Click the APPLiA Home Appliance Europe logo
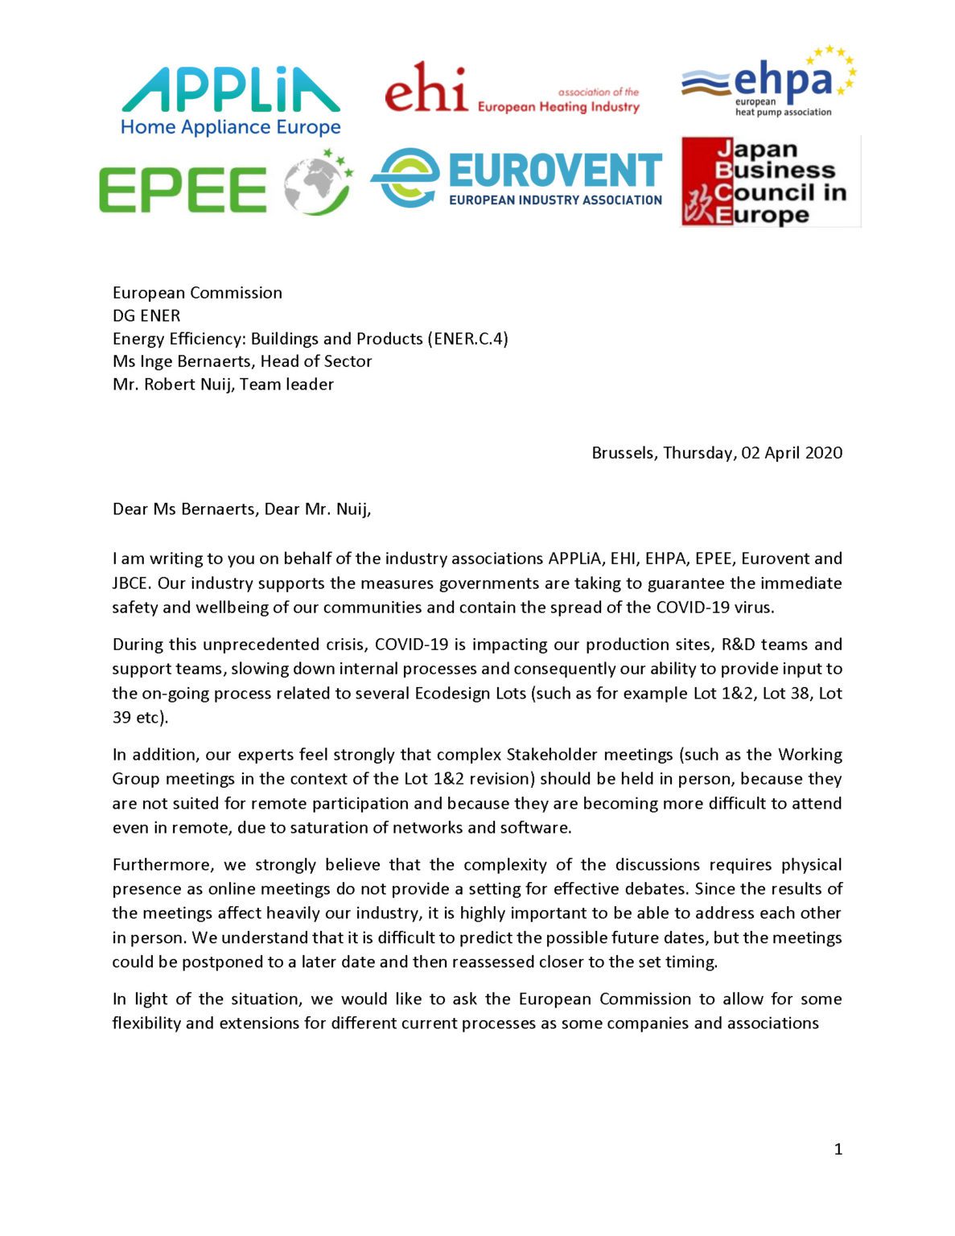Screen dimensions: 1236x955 230,101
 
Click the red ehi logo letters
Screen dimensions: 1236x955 426,89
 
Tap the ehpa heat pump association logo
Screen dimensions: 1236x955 768,82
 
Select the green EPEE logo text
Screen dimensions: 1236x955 183,190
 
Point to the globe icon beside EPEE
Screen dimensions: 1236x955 317,183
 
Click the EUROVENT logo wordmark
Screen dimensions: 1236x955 554,171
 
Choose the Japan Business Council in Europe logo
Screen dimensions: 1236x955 770,182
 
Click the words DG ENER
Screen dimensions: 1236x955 146,315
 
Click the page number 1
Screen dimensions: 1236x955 838,1149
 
